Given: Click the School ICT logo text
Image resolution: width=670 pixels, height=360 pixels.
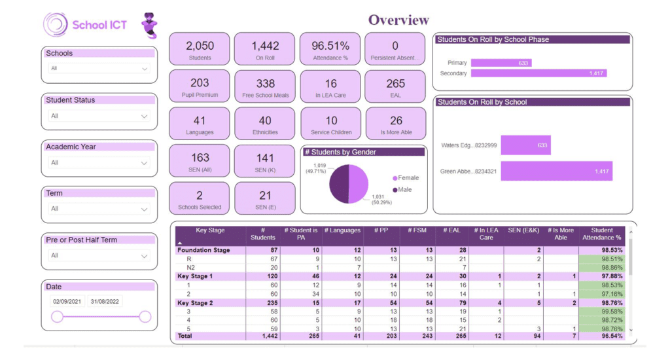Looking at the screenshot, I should coord(99,25).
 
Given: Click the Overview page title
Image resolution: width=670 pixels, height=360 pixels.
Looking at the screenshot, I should coord(398,20).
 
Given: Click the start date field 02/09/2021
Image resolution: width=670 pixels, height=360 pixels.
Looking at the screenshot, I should coord(67,302).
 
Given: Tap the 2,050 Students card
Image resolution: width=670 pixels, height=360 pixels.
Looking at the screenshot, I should coord(200,50).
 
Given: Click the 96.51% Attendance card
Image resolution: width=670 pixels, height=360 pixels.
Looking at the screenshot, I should coord(330,50).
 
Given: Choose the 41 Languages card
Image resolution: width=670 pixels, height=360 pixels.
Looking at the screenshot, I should coord(200,124).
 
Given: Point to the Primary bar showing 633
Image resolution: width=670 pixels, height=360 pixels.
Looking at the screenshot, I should coord(501,63).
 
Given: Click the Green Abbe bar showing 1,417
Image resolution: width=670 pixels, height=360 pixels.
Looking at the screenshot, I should coord(556,171).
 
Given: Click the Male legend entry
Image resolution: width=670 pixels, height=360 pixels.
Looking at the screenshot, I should coord(403,190).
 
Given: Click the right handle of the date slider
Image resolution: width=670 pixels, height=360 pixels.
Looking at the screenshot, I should coord(145,317).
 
